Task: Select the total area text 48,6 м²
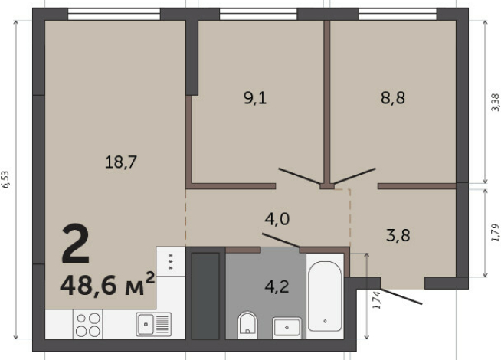coord(107,285)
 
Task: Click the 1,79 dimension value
coord(494,231)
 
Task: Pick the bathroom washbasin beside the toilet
coord(285,326)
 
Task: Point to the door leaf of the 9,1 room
coord(300,176)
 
